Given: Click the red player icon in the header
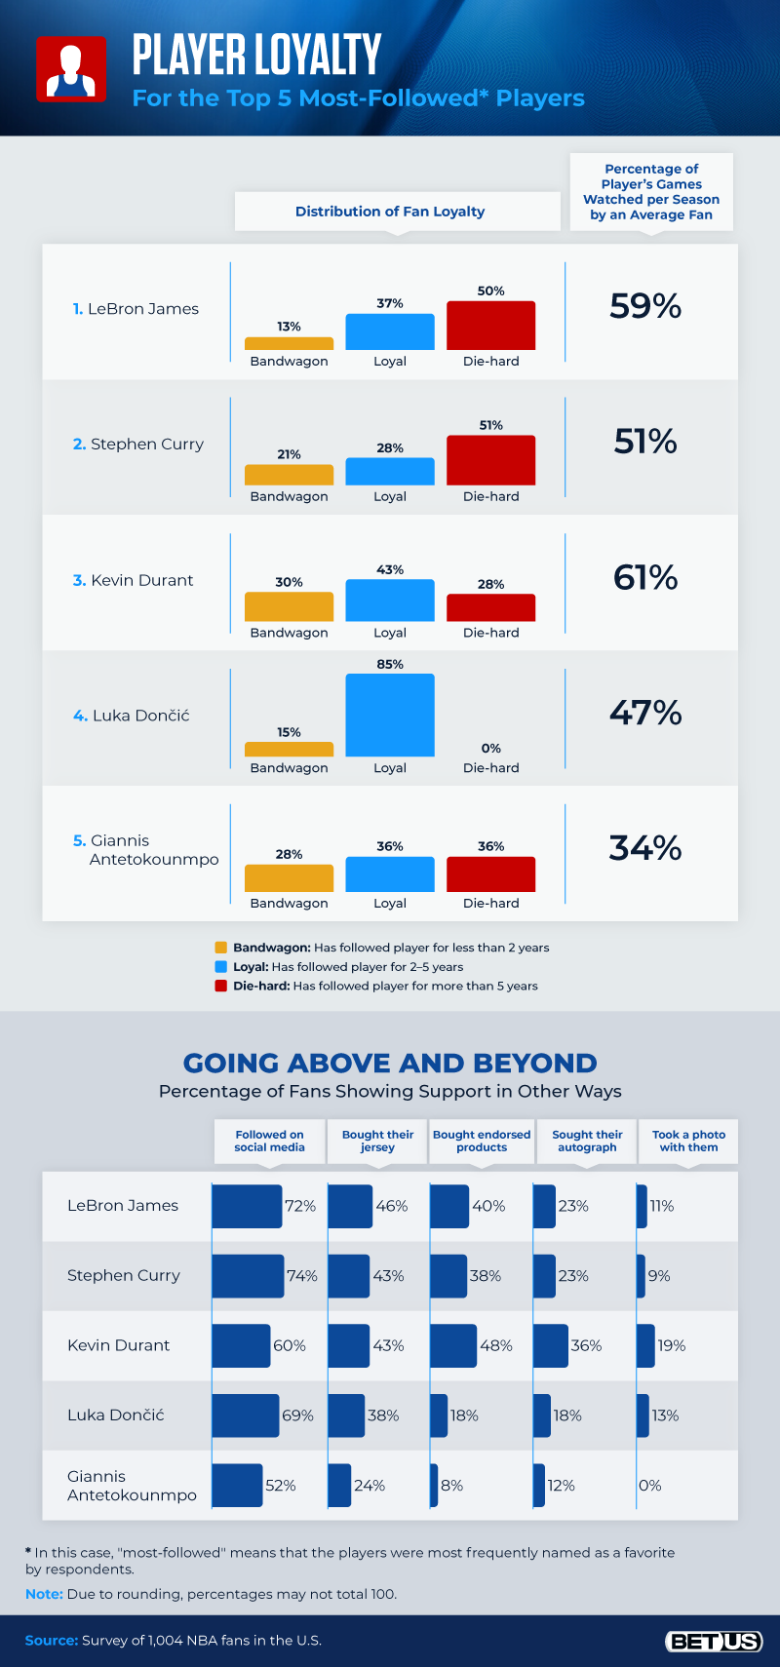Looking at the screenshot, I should click(x=71, y=69).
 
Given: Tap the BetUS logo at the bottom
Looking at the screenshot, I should click(x=714, y=1642).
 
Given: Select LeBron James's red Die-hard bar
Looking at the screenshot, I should click(x=490, y=326).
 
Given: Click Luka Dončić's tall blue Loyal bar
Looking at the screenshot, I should click(x=390, y=715).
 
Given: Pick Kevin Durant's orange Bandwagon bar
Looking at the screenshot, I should click(x=289, y=606).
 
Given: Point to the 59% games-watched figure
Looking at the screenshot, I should click(x=645, y=306).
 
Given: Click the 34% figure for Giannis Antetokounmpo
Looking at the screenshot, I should click(x=645, y=848).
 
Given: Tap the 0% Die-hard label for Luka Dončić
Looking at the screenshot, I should click(x=490, y=749).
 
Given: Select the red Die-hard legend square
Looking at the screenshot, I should click(x=220, y=986).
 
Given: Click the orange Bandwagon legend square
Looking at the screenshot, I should click(x=220, y=948).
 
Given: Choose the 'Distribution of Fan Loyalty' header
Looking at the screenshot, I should click(x=390, y=212).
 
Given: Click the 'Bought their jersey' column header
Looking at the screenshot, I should click(x=377, y=1141).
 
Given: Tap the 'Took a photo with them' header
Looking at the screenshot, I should click(x=688, y=1141).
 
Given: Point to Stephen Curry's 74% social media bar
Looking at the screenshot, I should click(x=248, y=1276).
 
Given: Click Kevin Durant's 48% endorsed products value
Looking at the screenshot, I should click(x=495, y=1345).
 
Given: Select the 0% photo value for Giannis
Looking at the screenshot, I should click(x=650, y=1486).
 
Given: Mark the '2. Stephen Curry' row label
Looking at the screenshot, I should click(x=138, y=445).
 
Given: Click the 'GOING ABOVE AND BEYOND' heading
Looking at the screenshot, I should click(x=390, y=1063).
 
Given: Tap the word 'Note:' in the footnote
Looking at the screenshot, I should click(x=44, y=1594).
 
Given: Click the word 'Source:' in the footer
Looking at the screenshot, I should click(x=51, y=1641).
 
